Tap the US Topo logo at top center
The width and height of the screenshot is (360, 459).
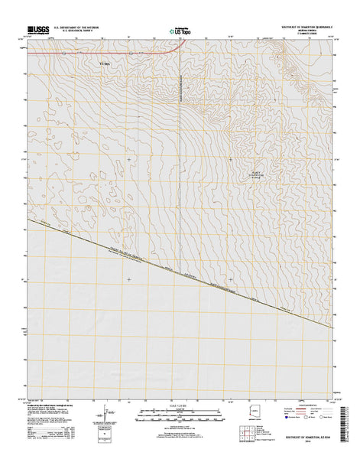tap(180, 31)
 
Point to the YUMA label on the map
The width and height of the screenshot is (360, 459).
tap(106, 63)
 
